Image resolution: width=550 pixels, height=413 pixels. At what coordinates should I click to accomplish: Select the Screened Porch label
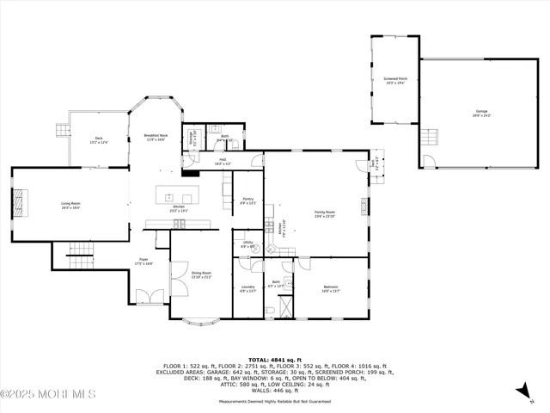[x=396, y=80]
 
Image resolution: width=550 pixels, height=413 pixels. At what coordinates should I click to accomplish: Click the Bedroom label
[x=331, y=288]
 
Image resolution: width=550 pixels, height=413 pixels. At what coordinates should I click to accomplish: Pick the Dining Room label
[x=201, y=275]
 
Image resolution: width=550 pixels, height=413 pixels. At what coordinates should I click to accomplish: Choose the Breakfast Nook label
[x=156, y=138]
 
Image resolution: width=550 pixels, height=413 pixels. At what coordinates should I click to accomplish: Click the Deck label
[x=99, y=140]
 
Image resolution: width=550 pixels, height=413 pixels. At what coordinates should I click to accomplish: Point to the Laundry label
[x=247, y=288]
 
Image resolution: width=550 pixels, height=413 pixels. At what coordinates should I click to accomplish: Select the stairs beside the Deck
[x=62, y=132]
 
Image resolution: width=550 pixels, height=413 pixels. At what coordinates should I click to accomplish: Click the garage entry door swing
[x=431, y=162]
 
